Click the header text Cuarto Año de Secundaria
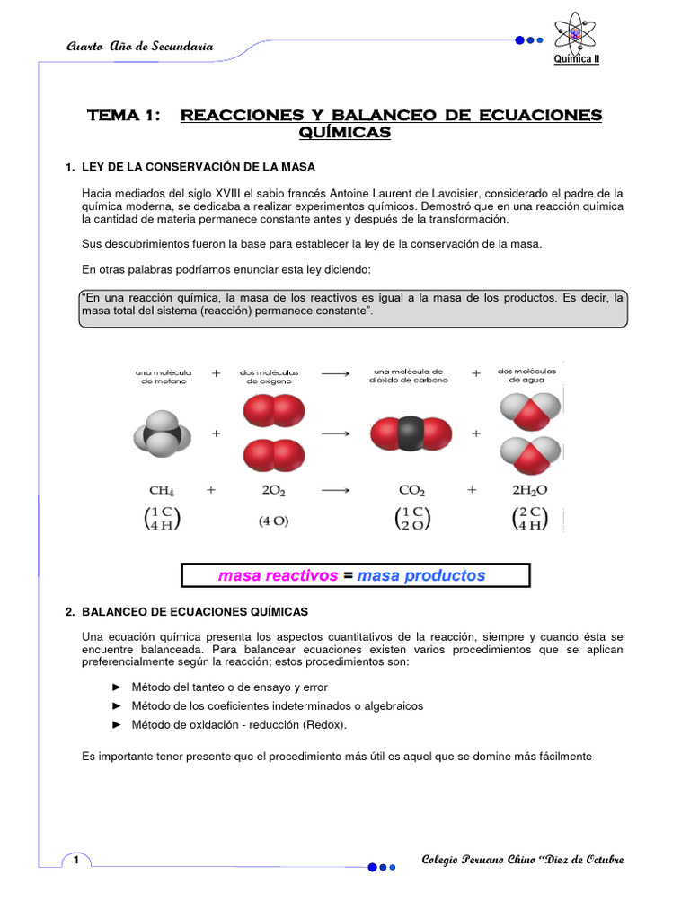(x=140, y=47)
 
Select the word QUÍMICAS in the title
(x=344, y=133)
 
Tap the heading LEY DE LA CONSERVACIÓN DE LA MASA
(x=198, y=168)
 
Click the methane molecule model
(x=163, y=433)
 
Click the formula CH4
(x=162, y=491)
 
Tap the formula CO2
(x=411, y=491)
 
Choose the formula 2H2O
(x=529, y=491)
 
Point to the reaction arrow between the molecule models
(x=335, y=433)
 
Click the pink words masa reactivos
(x=278, y=575)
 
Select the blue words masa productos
(x=420, y=575)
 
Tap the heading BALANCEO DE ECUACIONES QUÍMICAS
(x=194, y=612)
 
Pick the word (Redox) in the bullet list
(x=323, y=725)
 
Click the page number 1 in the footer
(x=77, y=862)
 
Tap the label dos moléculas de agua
(x=526, y=375)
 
